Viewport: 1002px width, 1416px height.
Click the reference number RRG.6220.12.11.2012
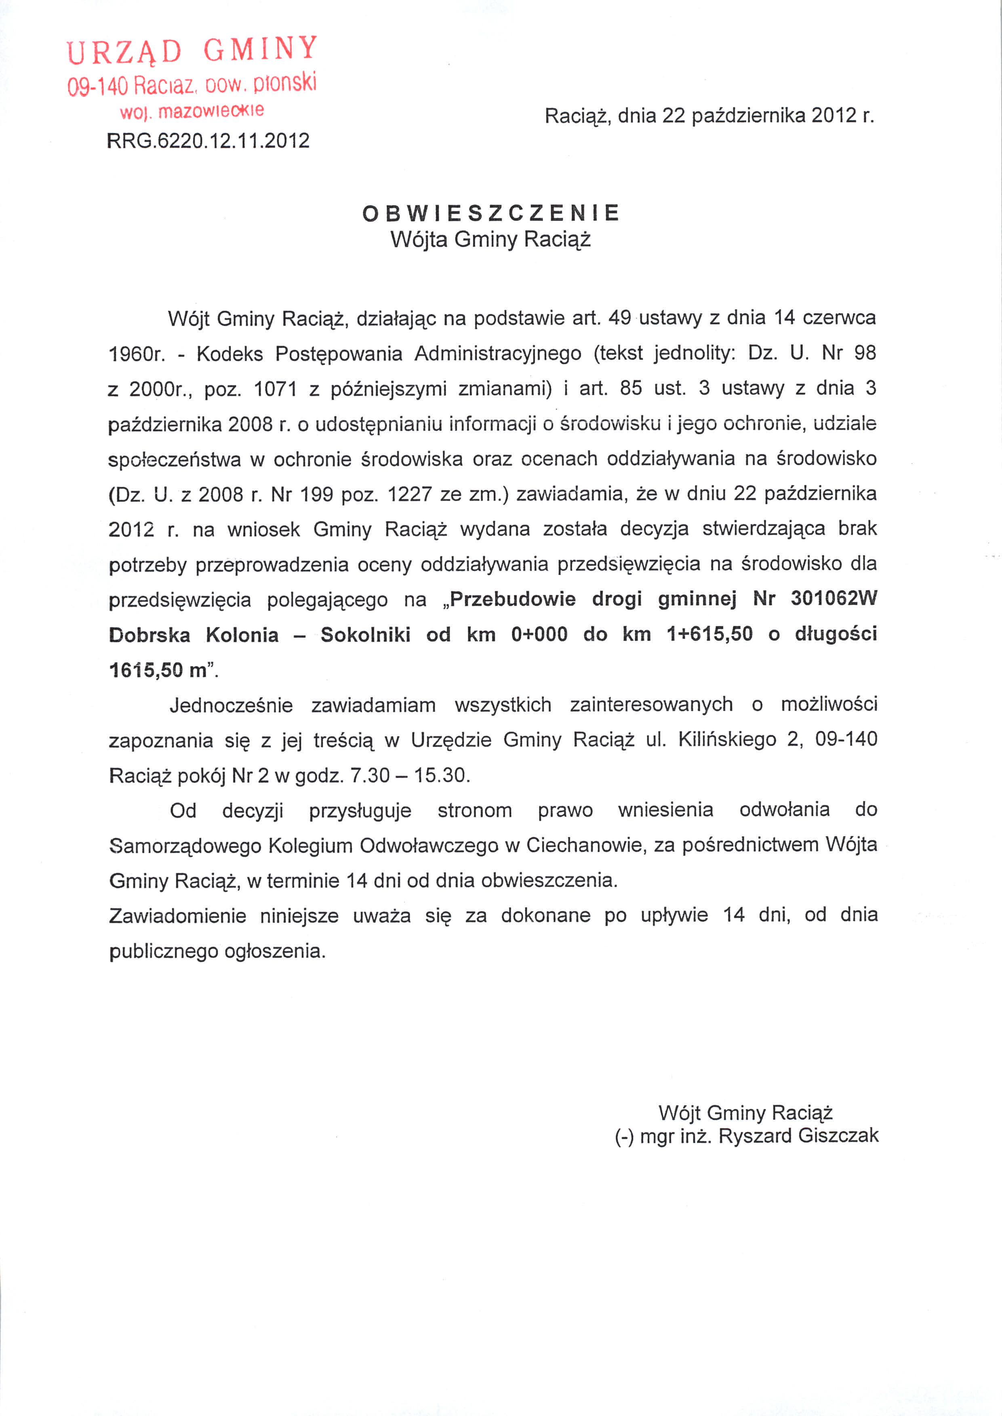click(208, 141)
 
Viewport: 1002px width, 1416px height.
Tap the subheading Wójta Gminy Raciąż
click(490, 239)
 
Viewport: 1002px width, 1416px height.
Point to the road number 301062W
click(834, 598)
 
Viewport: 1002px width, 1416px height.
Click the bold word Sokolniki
click(365, 634)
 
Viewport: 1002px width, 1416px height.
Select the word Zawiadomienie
click(178, 916)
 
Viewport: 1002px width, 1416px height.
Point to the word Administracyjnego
click(498, 354)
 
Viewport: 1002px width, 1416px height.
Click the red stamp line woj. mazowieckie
click(192, 112)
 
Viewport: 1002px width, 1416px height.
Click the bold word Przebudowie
click(513, 598)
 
